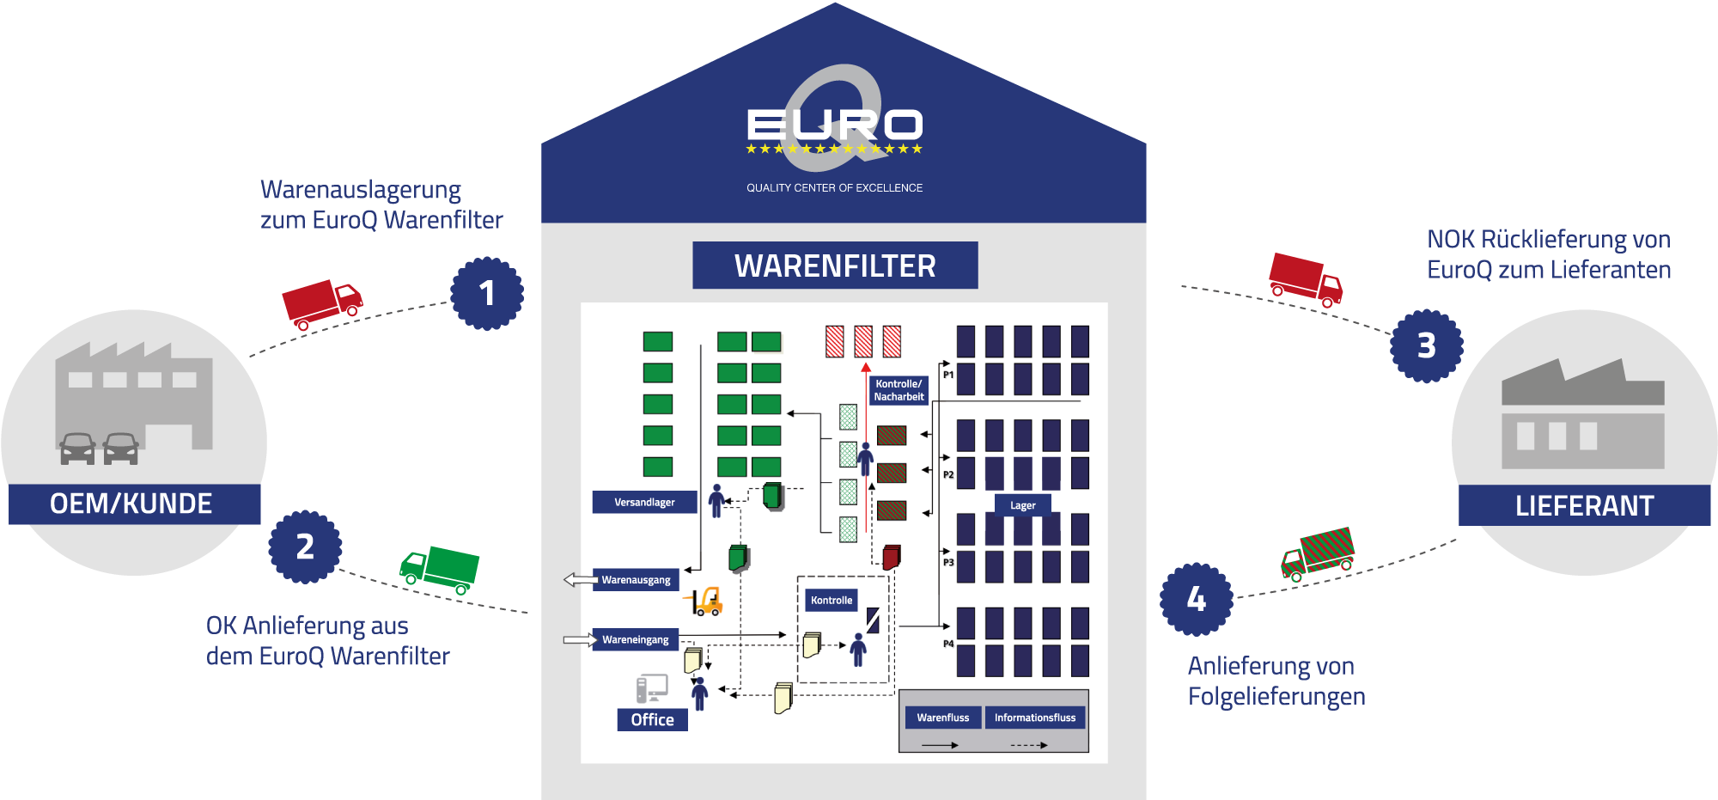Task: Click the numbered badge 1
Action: click(x=487, y=293)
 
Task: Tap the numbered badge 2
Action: click(x=305, y=547)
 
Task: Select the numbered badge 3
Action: click(x=1426, y=345)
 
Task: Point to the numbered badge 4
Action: click(x=1197, y=599)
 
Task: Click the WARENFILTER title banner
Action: click(x=835, y=266)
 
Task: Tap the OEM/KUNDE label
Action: click(x=131, y=504)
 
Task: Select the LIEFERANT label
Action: click(x=1584, y=505)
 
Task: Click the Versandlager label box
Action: click(x=644, y=502)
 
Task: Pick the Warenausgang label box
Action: click(x=636, y=580)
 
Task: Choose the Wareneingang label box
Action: click(x=635, y=639)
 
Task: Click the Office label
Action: click(x=652, y=719)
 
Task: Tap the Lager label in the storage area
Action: click(x=1022, y=505)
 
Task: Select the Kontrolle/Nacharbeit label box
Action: click(x=899, y=390)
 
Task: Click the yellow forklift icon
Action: click(x=705, y=601)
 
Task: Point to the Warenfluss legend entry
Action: click(x=942, y=718)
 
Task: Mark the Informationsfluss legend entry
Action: click(x=1034, y=718)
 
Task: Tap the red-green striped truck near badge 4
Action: click(x=1318, y=554)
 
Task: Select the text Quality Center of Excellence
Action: click(x=834, y=187)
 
